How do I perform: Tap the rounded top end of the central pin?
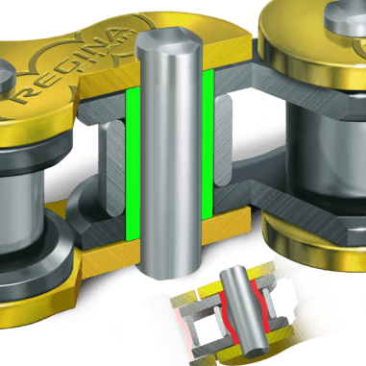click(x=167, y=43)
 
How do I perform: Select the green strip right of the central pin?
click(x=207, y=159)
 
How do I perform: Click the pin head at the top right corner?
click(x=345, y=13)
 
